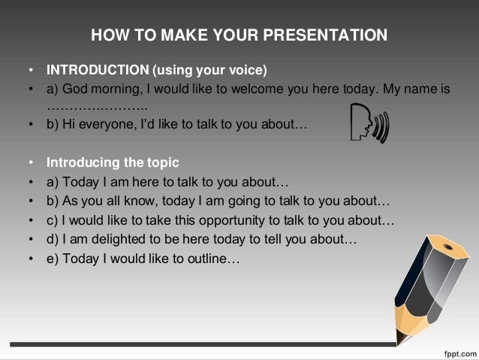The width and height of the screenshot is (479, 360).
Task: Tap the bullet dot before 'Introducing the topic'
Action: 31,163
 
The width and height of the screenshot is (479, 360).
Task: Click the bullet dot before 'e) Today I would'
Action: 31,259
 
